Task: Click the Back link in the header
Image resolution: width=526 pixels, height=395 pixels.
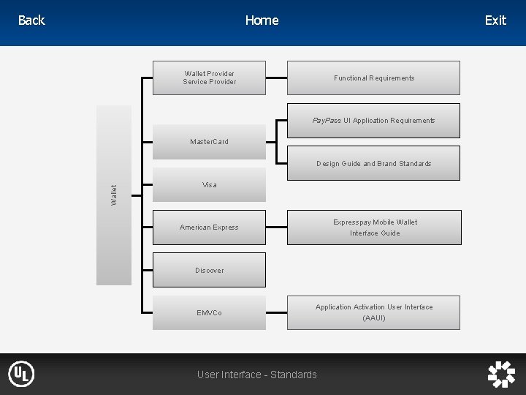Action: click(x=31, y=20)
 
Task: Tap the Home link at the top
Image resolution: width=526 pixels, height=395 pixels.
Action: click(x=262, y=20)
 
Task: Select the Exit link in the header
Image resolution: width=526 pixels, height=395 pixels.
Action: click(x=495, y=20)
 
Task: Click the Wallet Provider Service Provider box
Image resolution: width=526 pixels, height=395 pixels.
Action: click(x=210, y=78)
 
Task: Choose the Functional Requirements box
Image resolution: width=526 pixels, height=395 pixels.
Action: click(x=373, y=78)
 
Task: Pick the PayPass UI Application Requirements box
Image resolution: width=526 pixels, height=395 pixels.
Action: click(x=373, y=120)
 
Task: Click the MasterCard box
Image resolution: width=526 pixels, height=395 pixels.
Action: click(x=210, y=141)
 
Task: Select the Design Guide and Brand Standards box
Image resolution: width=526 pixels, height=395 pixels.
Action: click(x=373, y=163)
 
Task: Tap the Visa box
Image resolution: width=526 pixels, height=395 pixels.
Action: click(x=210, y=184)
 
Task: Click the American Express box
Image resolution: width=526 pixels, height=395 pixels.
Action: click(x=210, y=227)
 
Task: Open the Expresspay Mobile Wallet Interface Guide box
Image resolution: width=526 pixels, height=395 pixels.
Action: click(x=374, y=227)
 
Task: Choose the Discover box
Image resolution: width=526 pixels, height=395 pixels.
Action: click(x=210, y=270)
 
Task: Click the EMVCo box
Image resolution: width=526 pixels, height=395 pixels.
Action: click(x=210, y=313)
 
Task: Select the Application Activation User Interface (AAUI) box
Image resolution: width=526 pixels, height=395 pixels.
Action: click(x=374, y=312)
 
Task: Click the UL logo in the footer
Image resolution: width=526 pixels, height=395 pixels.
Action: click(x=21, y=374)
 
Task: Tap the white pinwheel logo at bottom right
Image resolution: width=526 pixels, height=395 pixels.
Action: click(x=501, y=374)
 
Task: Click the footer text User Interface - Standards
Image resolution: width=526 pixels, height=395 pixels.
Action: click(x=257, y=375)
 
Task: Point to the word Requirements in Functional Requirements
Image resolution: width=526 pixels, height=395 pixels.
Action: click(x=392, y=78)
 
